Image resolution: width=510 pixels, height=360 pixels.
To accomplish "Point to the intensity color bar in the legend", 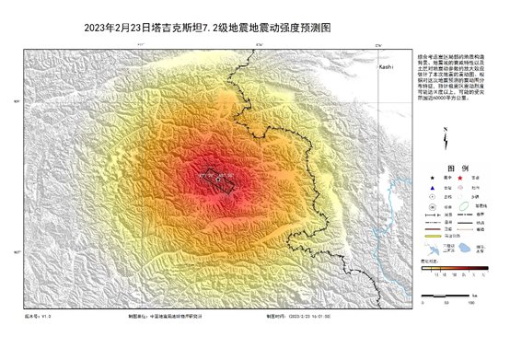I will click(x=454, y=266).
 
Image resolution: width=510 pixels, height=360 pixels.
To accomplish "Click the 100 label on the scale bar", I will click(x=470, y=302).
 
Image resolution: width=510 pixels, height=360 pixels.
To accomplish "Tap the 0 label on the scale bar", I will click(x=423, y=302).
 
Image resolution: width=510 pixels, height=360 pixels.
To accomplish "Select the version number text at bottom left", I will click(x=37, y=316).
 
